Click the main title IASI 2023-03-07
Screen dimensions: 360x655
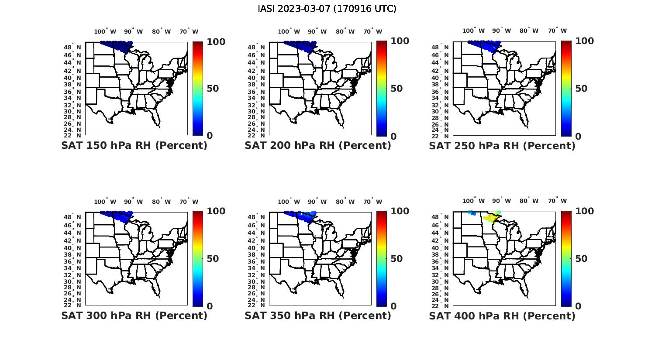pos(327,9)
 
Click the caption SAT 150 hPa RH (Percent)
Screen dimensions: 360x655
pos(134,146)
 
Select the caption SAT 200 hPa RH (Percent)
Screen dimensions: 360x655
pos(318,146)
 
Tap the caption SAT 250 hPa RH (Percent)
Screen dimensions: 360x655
pos(502,146)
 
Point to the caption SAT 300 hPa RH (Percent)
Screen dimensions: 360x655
pos(134,315)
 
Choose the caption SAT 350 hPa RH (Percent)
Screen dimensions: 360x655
pos(318,315)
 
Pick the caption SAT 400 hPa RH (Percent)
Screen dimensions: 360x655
pos(502,315)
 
